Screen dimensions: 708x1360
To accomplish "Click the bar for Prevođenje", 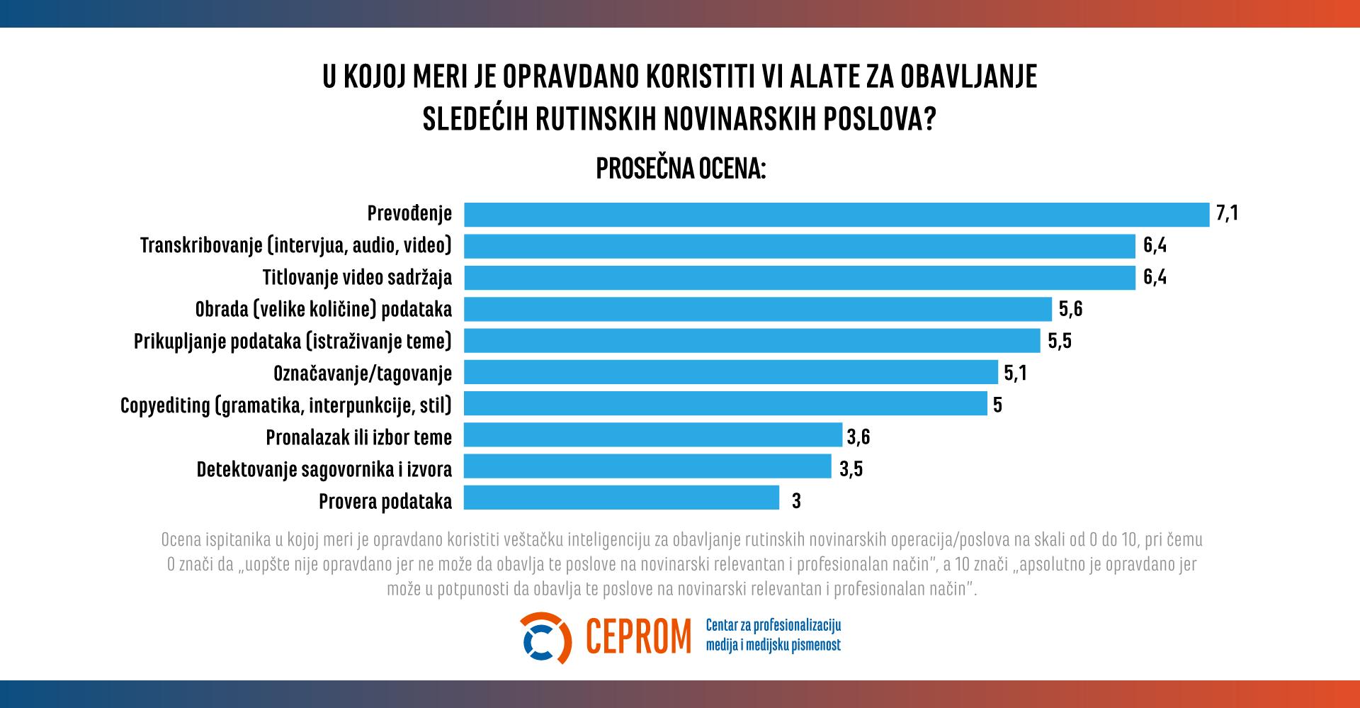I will point(836,214).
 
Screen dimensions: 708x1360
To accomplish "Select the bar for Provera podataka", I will point(621,498).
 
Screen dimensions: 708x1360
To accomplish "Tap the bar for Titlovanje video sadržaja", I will point(800,277).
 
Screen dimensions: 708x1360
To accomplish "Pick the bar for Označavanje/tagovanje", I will point(730,372).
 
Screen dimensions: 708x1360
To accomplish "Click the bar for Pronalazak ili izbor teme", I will point(652,435).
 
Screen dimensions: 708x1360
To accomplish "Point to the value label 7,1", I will point(1227,213).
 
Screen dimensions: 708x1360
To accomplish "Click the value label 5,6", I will point(1070,309).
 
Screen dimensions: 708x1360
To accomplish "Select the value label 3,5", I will point(851,469).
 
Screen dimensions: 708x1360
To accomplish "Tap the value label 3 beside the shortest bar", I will point(796,501).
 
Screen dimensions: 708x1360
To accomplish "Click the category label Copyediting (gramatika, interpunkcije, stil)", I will point(286,405).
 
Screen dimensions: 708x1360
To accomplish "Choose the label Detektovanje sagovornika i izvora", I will point(324,469).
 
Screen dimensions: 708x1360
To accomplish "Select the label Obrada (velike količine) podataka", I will point(323,309).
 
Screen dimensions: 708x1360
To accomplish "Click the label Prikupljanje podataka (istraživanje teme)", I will point(293,341).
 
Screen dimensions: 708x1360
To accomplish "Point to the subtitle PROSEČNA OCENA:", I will point(681,169).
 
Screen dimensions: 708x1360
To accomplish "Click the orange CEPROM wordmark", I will point(638,637).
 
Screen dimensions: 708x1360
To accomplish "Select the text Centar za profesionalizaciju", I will point(773,625).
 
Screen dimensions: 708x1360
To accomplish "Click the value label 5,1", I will point(1015,373).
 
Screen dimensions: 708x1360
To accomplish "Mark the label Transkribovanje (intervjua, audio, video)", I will point(296,245).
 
